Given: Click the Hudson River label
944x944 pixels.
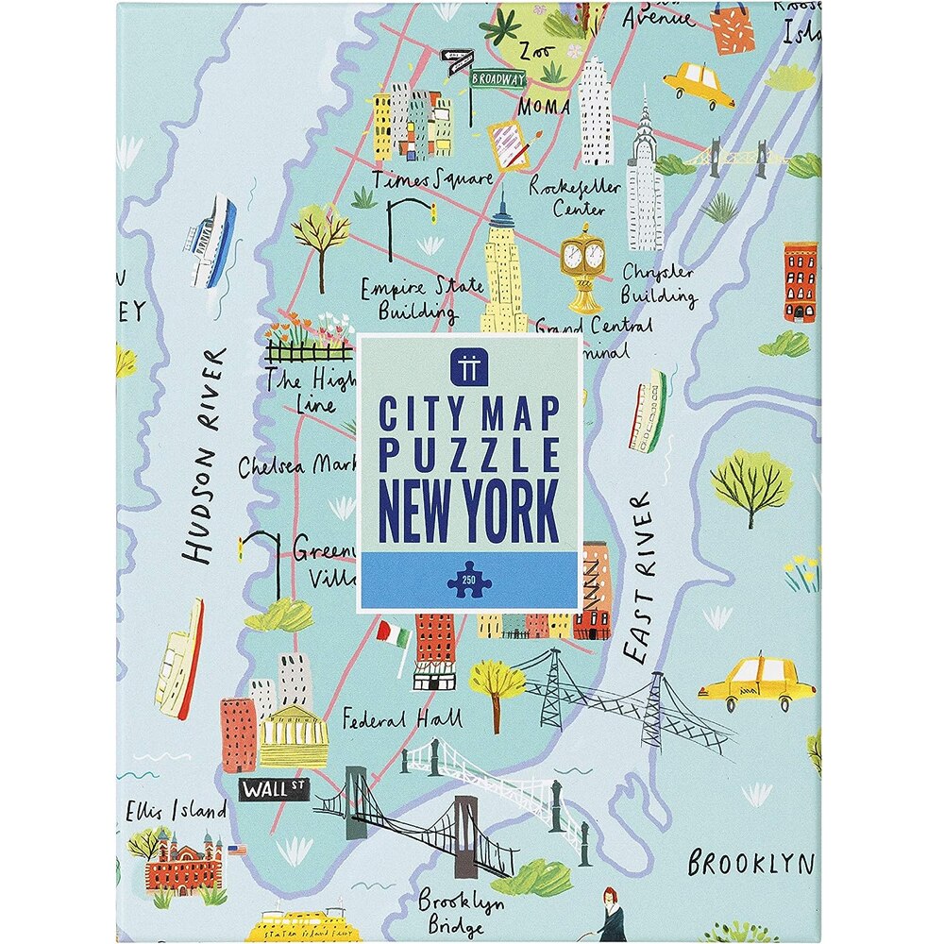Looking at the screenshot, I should (x=207, y=457).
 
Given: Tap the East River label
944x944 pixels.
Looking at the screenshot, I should (x=639, y=576).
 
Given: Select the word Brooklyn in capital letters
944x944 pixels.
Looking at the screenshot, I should (x=750, y=863).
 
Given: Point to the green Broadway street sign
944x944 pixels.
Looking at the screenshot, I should (x=497, y=79).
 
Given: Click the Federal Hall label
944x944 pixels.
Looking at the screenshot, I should (x=402, y=720).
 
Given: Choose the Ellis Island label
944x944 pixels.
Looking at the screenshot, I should (x=177, y=811).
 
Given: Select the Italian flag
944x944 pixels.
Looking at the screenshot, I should (x=393, y=632).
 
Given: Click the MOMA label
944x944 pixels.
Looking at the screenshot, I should (x=544, y=106).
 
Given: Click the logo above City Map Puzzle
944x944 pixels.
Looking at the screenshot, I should (x=469, y=364).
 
